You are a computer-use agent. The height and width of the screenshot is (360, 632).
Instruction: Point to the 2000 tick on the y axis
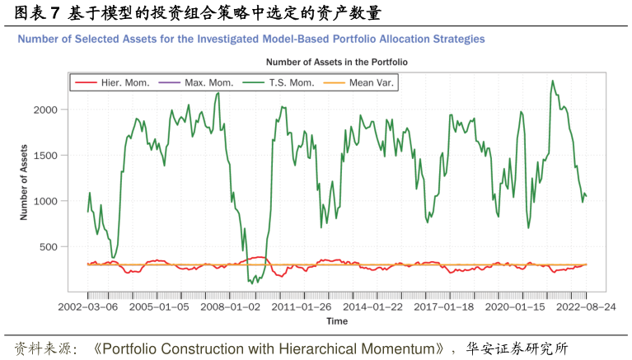click(x=45, y=110)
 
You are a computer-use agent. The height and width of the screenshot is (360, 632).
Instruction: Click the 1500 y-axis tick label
click(x=45, y=155)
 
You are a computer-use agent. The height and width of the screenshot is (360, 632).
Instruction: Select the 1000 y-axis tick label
click(x=45, y=201)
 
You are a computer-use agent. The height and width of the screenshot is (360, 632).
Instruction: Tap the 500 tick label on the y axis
click(x=49, y=246)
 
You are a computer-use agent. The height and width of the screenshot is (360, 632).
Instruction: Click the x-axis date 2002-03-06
click(x=87, y=306)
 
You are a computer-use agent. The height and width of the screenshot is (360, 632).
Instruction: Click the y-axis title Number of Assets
click(x=24, y=183)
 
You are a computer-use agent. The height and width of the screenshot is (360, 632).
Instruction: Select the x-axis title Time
click(x=336, y=320)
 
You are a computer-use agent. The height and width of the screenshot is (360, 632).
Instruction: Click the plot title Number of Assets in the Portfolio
click(x=336, y=62)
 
